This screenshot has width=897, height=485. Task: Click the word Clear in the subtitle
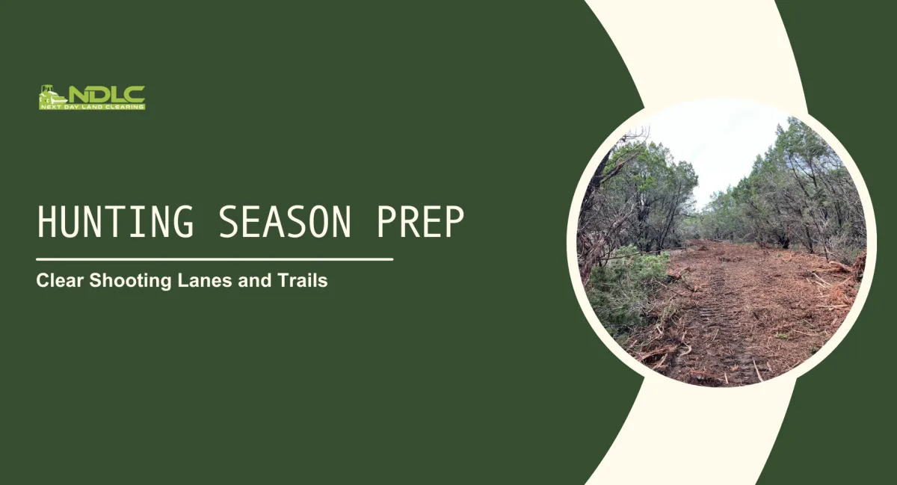60,282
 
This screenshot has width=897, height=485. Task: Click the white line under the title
215,259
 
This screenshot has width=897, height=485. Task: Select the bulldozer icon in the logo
52,95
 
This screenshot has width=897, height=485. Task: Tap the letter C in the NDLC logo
135,93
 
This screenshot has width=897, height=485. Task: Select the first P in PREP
387,222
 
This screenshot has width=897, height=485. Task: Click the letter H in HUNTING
46,222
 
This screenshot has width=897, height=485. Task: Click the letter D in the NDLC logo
99,93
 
